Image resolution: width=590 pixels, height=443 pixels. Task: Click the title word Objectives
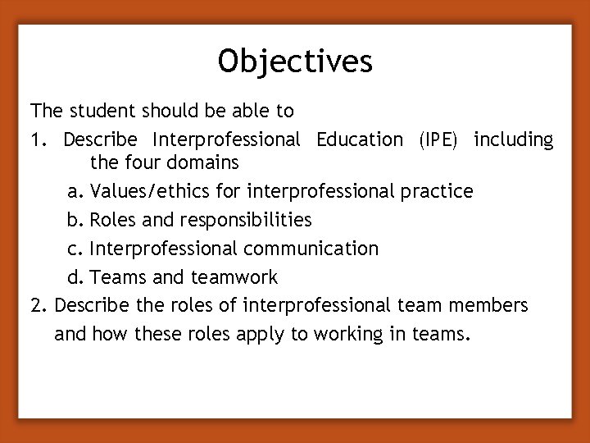(x=295, y=60)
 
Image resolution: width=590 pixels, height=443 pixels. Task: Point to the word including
(x=514, y=139)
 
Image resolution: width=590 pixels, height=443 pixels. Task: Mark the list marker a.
(x=75, y=192)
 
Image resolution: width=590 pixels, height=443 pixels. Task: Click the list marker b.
(x=75, y=220)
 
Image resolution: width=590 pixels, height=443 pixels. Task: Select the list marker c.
(x=75, y=248)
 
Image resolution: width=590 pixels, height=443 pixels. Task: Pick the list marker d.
(x=75, y=276)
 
